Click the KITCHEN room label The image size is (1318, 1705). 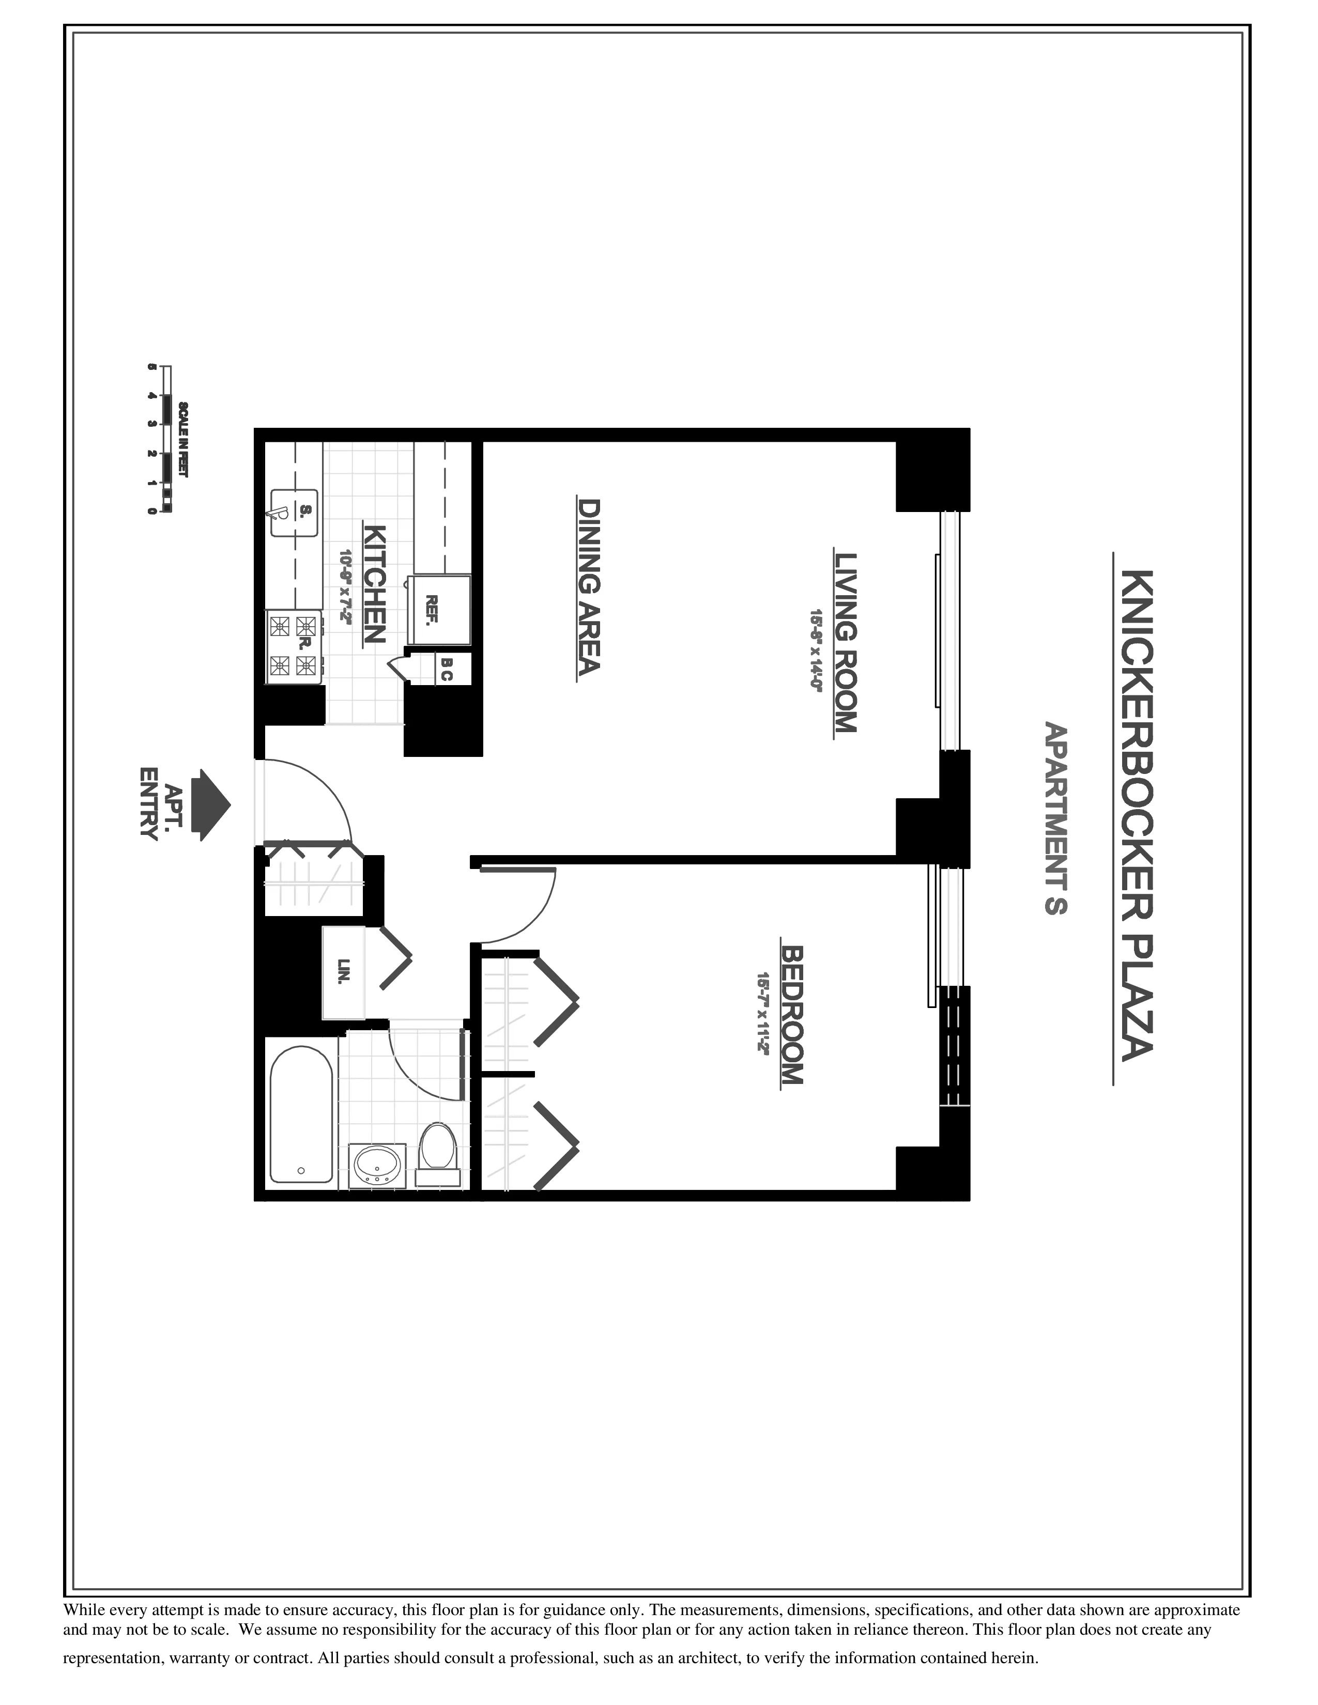pos(375,583)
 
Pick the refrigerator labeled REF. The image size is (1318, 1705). pos(441,610)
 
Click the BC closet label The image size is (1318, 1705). pos(446,669)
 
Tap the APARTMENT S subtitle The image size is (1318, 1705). pos(1055,818)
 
